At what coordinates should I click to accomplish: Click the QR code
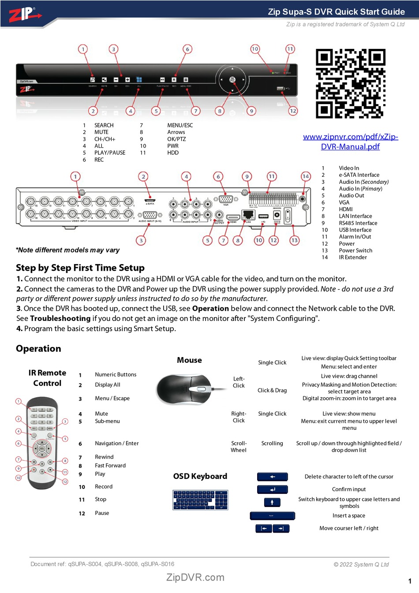351,83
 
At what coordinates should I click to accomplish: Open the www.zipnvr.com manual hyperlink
350,142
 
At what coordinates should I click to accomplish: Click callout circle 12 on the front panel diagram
293,111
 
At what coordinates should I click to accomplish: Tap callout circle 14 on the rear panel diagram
306,176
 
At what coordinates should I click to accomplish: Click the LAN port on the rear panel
248,215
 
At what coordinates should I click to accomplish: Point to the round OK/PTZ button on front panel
232,80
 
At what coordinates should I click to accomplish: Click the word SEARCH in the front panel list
104,125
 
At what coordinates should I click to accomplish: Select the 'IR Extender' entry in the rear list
353,257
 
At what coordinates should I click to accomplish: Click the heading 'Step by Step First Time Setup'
80,268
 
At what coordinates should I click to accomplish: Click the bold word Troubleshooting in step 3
60,318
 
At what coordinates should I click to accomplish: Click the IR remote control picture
42,442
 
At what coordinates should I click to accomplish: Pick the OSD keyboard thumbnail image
200,500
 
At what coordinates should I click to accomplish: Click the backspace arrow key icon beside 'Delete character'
272,477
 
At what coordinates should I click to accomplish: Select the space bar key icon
272,515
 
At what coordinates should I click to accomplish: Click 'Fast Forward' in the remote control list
110,466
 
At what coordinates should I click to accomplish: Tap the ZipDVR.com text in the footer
195,578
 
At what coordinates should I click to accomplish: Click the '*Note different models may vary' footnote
68,250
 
